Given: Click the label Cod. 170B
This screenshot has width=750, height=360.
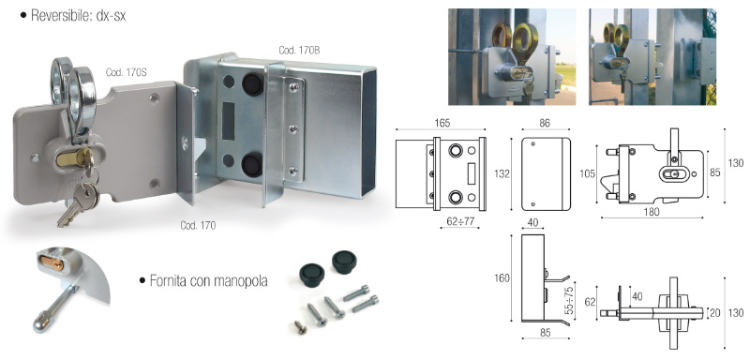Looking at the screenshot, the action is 299,51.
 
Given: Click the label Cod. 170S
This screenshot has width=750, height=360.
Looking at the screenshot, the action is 126,73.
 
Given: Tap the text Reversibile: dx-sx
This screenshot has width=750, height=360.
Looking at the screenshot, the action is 78,16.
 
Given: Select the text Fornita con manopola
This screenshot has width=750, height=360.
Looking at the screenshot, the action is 208,280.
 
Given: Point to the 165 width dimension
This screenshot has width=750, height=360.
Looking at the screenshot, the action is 442,124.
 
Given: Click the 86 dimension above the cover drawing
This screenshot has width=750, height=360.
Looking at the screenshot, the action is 545,124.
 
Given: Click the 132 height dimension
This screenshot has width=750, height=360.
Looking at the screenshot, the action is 502,173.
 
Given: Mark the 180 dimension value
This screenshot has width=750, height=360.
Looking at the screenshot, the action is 652,212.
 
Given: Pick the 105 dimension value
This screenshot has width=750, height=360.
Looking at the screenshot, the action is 588,174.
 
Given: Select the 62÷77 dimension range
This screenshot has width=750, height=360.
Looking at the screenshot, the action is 459,221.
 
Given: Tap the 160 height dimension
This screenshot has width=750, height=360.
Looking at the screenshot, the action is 502,278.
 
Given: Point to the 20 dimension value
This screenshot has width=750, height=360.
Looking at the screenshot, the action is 714,313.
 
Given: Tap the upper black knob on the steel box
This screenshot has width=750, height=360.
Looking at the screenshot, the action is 252,84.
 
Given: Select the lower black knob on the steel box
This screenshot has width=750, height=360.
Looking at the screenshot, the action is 251,164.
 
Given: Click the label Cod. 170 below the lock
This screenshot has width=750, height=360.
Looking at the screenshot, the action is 198,225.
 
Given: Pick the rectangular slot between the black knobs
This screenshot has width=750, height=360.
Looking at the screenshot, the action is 229,121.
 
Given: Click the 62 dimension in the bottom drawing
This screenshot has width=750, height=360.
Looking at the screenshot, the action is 592,301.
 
